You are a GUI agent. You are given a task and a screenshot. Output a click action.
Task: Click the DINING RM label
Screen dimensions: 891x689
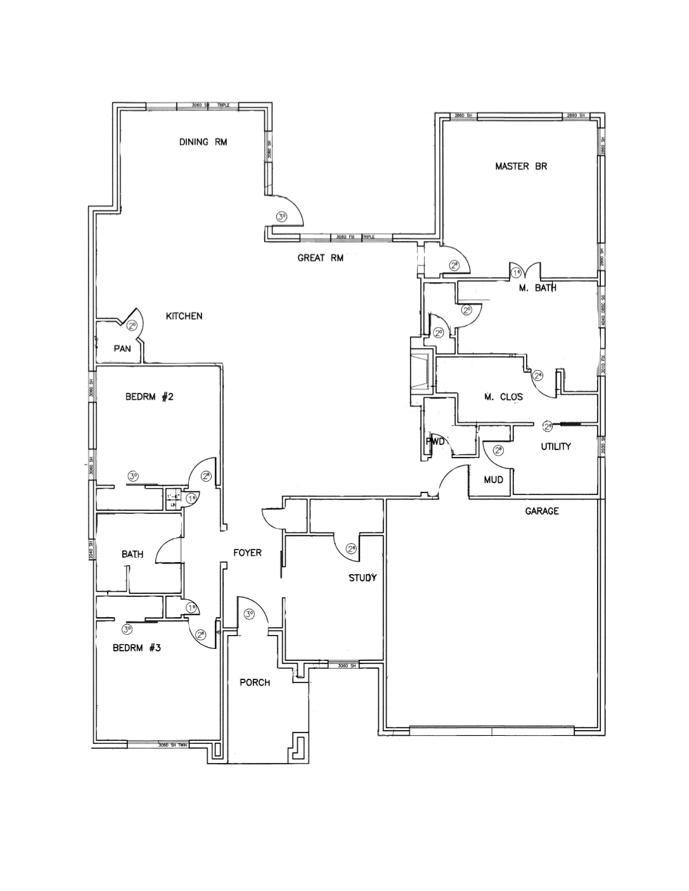coord(203,142)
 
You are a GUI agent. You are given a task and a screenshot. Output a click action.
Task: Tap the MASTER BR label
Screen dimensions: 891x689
coord(520,167)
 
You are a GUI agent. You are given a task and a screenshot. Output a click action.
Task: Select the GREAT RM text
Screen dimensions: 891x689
coord(320,258)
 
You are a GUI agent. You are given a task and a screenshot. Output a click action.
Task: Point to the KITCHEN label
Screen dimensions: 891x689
coord(184,316)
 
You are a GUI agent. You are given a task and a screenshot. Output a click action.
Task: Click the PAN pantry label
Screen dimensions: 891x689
coord(122,349)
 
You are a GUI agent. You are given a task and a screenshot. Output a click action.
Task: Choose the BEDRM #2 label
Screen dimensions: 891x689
coord(149,397)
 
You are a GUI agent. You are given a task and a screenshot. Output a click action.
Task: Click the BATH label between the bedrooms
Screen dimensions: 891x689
coord(132,554)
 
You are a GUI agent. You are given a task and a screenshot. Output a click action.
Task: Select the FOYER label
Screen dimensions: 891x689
coord(247,553)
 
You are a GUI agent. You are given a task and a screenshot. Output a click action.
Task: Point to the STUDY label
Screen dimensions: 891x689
coord(363,578)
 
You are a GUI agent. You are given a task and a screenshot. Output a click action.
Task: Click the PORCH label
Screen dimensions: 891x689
coord(255,683)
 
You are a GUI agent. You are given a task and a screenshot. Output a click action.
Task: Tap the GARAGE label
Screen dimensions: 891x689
coord(542,511)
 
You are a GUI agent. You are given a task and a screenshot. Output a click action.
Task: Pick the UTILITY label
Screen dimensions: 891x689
coord(556,447)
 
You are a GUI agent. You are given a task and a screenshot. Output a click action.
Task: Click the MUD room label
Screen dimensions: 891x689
coord(493,480)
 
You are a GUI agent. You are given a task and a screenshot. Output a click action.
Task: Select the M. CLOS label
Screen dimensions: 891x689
coord(503,397)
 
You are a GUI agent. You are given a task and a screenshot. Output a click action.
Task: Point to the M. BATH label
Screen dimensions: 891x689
coord(538,288)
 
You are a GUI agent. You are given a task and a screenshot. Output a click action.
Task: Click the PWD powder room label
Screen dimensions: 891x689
coord(435,442)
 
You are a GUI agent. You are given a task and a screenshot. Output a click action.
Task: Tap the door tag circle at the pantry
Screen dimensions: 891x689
coord(132,326)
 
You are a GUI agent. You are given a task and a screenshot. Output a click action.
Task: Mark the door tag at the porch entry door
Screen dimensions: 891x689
coord(249,613)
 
